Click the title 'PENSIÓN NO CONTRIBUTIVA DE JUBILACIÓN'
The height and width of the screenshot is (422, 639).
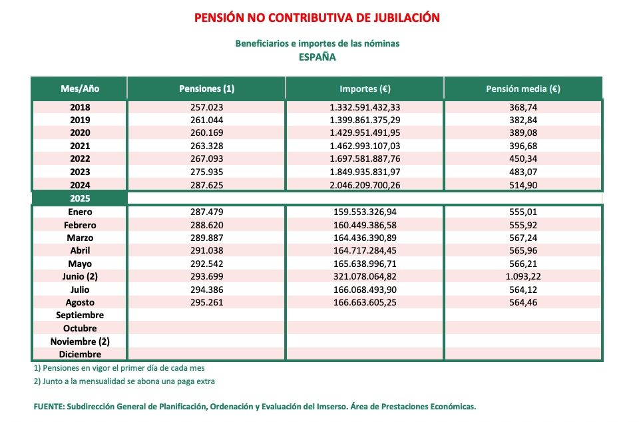point(317,18)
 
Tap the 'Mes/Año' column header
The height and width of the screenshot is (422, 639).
point(79,89)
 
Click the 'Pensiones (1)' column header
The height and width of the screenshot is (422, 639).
point(207,89)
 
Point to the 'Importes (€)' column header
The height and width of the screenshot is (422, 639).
point(365,89)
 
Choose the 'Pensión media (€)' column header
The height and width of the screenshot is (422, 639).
point(523,89)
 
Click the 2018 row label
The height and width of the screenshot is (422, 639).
point(79,107)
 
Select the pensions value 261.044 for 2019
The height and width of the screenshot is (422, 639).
point(207,120)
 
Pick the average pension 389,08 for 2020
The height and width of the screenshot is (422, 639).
point(523,133)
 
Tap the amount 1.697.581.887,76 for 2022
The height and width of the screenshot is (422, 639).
point(365,159)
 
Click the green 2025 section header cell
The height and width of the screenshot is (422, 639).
point(79,198)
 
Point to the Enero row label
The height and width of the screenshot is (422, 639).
point(79,212)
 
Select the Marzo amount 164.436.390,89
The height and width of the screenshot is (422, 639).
point(365,238)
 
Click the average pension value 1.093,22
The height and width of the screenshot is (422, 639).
point(523,277)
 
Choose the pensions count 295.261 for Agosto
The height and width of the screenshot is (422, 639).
point(207,302)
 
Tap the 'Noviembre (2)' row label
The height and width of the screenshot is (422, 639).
point(79,341)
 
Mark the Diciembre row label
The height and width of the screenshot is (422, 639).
point(79,354)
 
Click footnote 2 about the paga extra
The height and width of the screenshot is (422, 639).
point(124,381)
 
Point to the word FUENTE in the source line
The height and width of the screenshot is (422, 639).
point(48,406)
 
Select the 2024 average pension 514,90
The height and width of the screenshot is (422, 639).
point(523,185)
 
